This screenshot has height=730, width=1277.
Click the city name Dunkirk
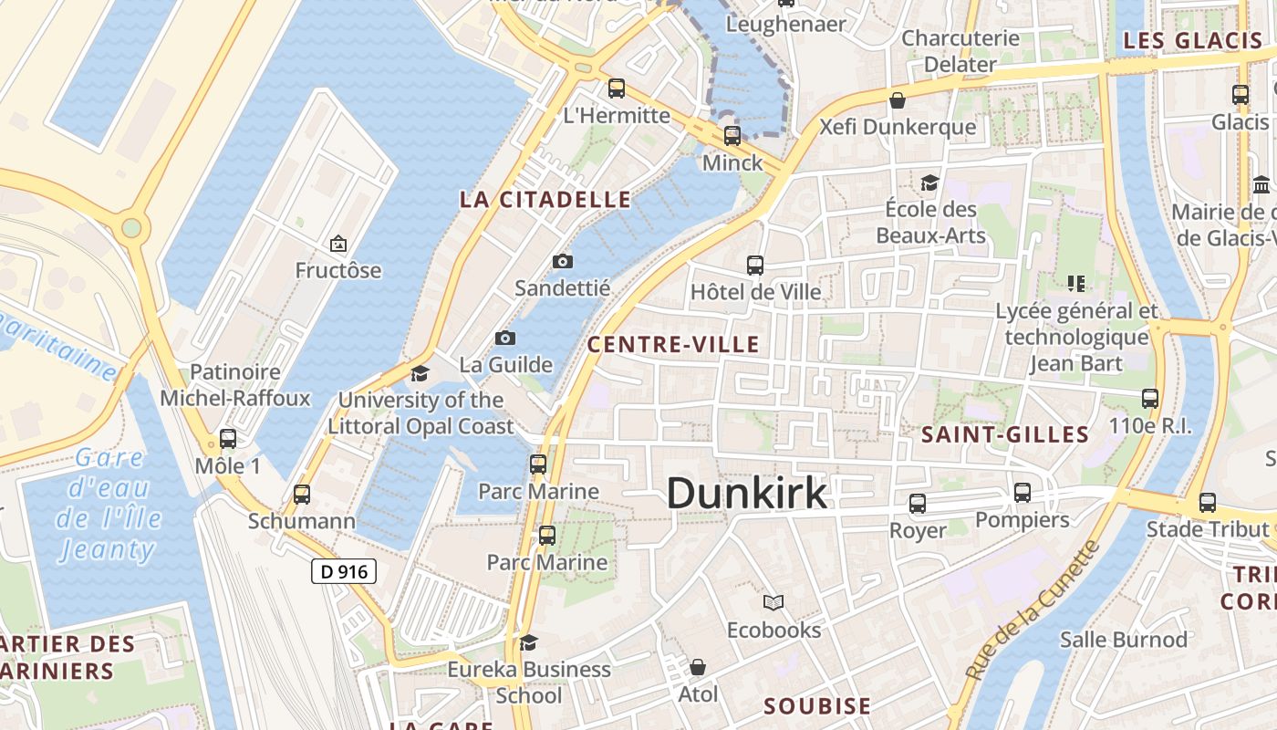tap(747, 494)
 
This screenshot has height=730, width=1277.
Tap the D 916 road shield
tap(344, 572)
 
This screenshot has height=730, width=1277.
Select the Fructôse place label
tap(338, 271)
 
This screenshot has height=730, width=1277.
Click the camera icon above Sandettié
tap(563, 262)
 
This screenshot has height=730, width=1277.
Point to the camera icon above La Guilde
tap(505, 339)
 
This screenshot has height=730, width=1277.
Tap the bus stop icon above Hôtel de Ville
tap(755, 266)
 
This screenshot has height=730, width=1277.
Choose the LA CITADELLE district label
tap(545, 200)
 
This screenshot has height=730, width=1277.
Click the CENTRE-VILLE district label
tap(673, 344)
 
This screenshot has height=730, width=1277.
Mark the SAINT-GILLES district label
tap(1005, 434)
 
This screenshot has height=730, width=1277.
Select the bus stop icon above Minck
tap(732, 137)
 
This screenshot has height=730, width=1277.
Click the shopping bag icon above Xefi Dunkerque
tap(898, 100)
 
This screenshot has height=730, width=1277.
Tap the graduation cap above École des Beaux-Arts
tap(929, 182)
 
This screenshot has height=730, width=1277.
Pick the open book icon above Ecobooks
tap(773, 603)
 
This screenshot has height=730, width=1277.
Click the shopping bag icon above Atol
tap(698, 668)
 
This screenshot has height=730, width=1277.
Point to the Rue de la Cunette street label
tap(1033, 610)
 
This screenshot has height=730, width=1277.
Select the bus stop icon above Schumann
tap(302, 495)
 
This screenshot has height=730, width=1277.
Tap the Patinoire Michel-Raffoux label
tap(235, 385)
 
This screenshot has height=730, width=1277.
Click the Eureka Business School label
tap(529, 682)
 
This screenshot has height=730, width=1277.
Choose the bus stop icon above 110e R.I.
tap(1150, 399)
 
